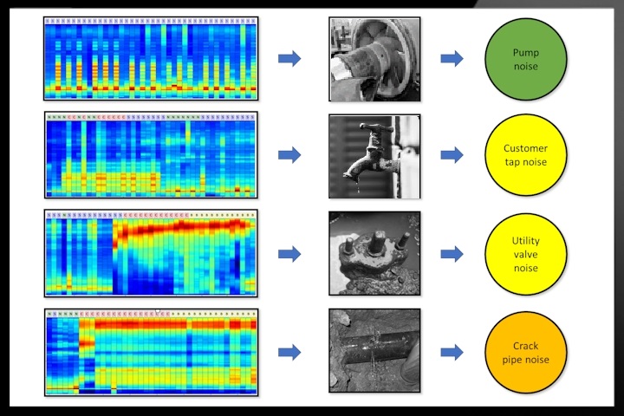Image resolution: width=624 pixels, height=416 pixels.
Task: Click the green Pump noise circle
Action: point(525,58)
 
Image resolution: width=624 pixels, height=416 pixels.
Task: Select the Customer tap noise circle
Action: point(525,155)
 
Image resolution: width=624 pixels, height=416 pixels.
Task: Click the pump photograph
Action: point(374,59)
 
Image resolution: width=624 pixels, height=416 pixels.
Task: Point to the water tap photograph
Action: point(374,156)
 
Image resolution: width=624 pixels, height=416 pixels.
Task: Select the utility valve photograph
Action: point(374,254)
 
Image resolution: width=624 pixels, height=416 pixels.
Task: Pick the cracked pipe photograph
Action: point(374,350)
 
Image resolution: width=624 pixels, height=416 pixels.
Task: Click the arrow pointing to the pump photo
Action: point(289,58)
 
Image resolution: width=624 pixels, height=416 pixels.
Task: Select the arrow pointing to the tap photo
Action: point(289,155)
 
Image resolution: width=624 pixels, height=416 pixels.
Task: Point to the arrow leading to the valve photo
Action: point(289,254)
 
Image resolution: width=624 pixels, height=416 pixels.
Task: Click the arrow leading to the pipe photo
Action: point(289,352)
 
